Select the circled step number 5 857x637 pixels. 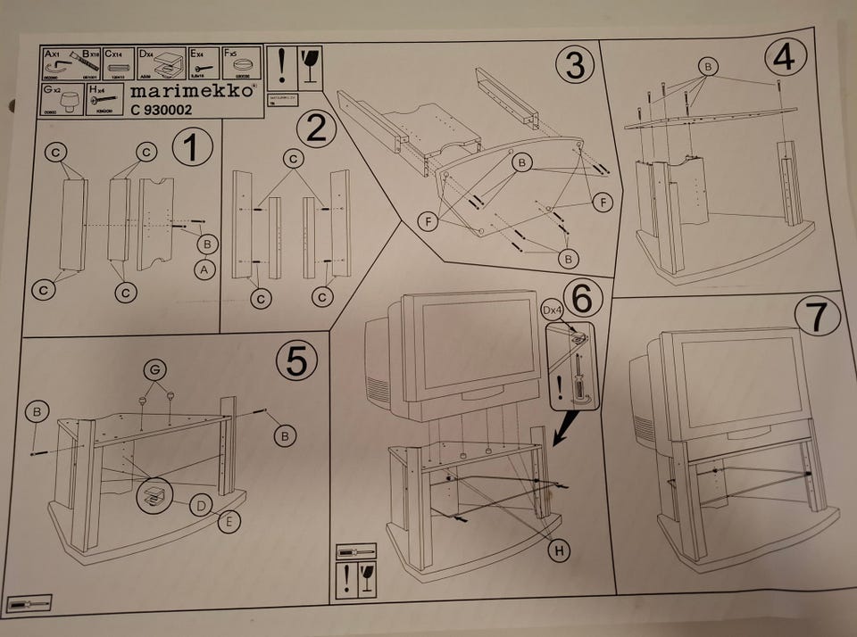[x=295, y=360]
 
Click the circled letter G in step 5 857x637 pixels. [x=157, y=368]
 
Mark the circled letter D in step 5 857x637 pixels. [x=203, y=506]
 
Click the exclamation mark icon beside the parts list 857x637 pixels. [x=282, y=66]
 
